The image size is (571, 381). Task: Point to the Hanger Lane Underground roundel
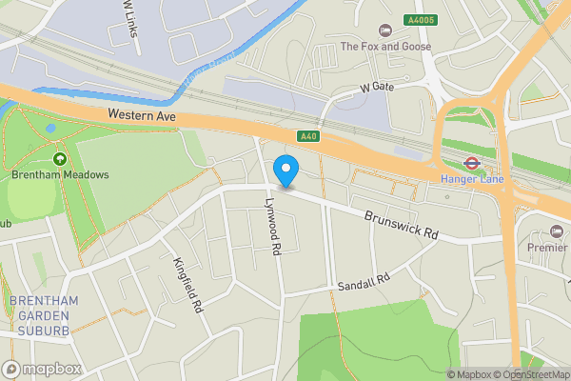tap(470, 161)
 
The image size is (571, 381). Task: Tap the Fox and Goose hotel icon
tap(384, 30)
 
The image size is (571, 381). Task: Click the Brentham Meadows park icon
tap(61, 159)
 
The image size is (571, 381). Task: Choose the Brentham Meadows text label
tap(61, 175)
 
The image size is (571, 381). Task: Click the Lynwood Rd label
tap(273, 227)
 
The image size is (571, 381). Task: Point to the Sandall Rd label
tap(364, 282)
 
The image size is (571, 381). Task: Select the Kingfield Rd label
tap(187, 285)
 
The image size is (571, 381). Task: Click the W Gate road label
tap(376, 87)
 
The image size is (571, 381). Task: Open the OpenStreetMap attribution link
tap(530, 373)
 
